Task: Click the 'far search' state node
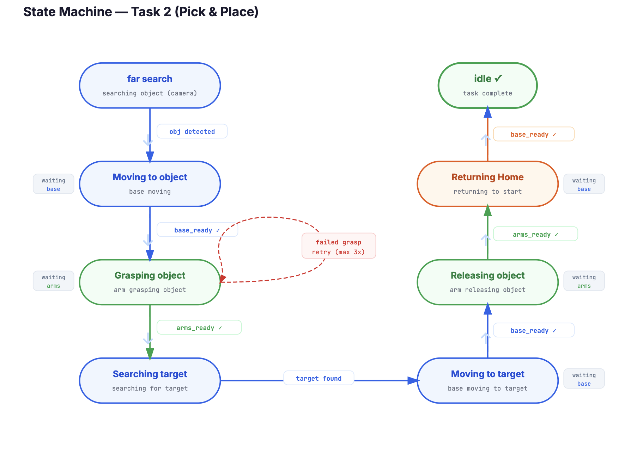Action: click(x=150, y=86)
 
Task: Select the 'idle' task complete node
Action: click(x=487, y=86)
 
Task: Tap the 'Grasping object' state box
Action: click(x=150, y=282)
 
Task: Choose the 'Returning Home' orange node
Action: click(x=487, y=184)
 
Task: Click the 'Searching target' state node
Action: click(x=150, y=381)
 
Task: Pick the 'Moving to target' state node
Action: click(x=487, y=381)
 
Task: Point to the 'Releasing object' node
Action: click(x=487, y=282)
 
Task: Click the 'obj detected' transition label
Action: click(x=192, y=131)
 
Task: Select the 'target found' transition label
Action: click(x=318, y=378)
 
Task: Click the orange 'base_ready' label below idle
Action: click(x=533, y=134)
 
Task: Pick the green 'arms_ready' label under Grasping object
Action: click(x=199, y=328)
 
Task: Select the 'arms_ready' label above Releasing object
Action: click(x=535, y=234)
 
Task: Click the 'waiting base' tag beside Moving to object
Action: click(x=54, y=184)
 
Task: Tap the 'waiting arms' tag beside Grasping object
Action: click(x=54, y=281)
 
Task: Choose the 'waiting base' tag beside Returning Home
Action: click(x=584, y=184)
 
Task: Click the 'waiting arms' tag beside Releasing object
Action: click(x=584, y=281)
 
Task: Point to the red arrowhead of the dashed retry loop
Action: click(x=223, y=279)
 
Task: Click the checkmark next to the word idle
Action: click(x=498, y=79)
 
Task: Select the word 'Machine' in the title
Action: click(x=86, y=12)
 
